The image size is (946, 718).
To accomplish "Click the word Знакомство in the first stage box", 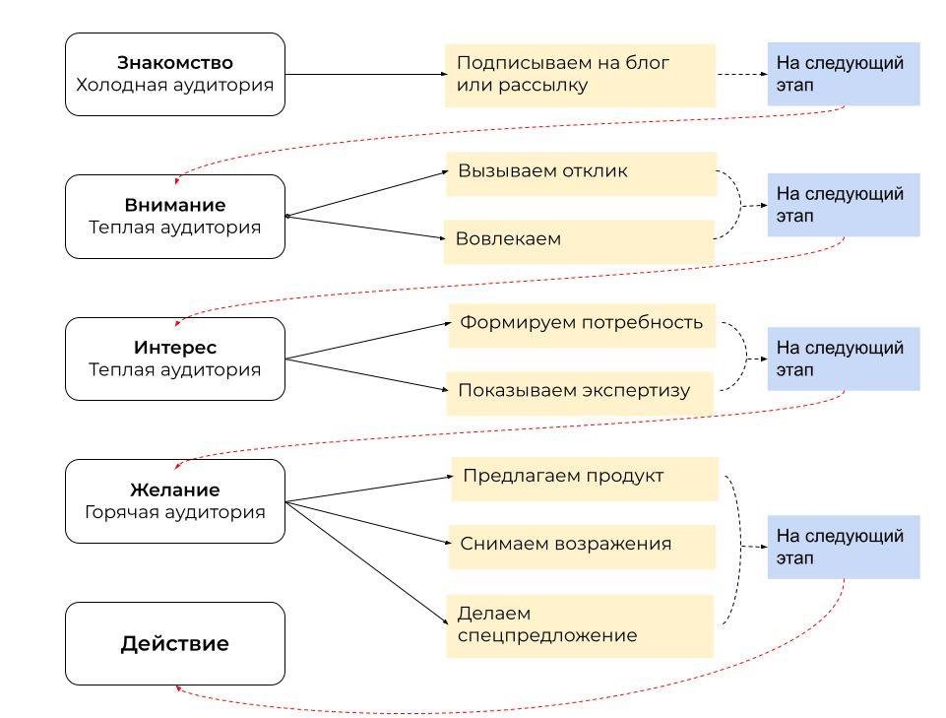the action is tap(175, 63).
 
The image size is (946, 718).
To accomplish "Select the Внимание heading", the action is tap(175, 205).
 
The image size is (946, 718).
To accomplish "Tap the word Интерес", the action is tap(175, 348).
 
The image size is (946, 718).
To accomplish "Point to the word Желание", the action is tap(175, 490).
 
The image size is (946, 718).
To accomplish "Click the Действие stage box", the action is tap(175, 643).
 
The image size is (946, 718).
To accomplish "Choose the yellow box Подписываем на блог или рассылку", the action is tap(581, 76).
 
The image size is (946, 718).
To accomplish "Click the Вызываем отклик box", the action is tap(582, 174).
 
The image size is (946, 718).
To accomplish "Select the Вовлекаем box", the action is tap(579, 241).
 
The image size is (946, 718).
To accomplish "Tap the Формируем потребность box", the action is tap(582, 325).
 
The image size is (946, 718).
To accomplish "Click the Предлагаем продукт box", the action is tap(585, 479).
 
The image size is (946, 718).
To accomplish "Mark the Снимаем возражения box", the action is tap(582, 547).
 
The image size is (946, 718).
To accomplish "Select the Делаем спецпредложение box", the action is tap(580, 626).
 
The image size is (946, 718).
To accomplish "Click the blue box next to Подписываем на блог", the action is tap(844, 74).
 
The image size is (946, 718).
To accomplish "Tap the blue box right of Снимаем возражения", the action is tap(844, 547).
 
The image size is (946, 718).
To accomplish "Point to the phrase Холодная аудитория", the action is tap(175, 85).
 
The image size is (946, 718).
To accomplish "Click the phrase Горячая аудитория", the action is tap(175, 512).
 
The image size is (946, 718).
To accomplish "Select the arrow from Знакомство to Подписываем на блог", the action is tap(366, 74).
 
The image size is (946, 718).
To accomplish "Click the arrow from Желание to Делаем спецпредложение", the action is tap(367, 562).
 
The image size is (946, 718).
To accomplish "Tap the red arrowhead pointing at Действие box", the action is tap(178, 688).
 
